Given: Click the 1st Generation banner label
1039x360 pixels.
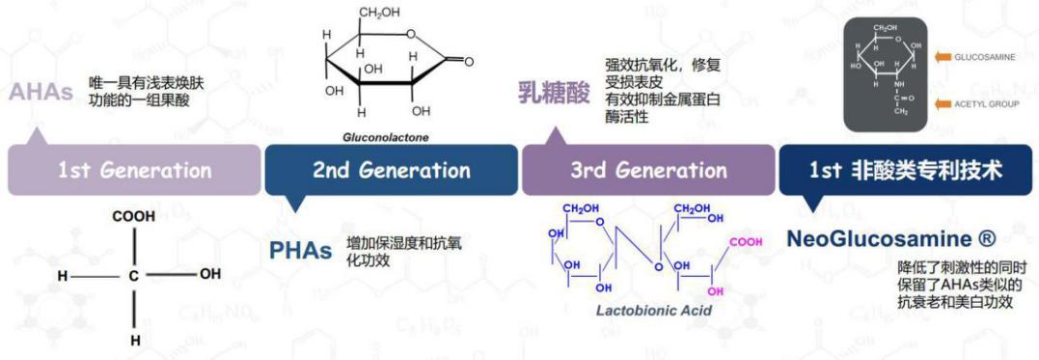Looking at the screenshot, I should click(x=134, y=171).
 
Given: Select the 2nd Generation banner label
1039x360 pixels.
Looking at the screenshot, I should click(x=391, y=171).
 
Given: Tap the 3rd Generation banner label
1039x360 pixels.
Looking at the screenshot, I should click(x=648, y=171).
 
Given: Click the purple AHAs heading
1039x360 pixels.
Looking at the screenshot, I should click(x=41, y=93).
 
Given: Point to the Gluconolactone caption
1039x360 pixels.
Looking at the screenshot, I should click(x=386, y=136).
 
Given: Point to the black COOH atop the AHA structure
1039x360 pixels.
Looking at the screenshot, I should click(x=133, y=216).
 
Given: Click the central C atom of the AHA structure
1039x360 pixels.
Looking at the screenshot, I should click(x=134, y=275).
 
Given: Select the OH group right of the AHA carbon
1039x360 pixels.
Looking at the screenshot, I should click(x=210, y=274).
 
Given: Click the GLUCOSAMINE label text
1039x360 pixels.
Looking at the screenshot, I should click(x=984, y=58).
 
